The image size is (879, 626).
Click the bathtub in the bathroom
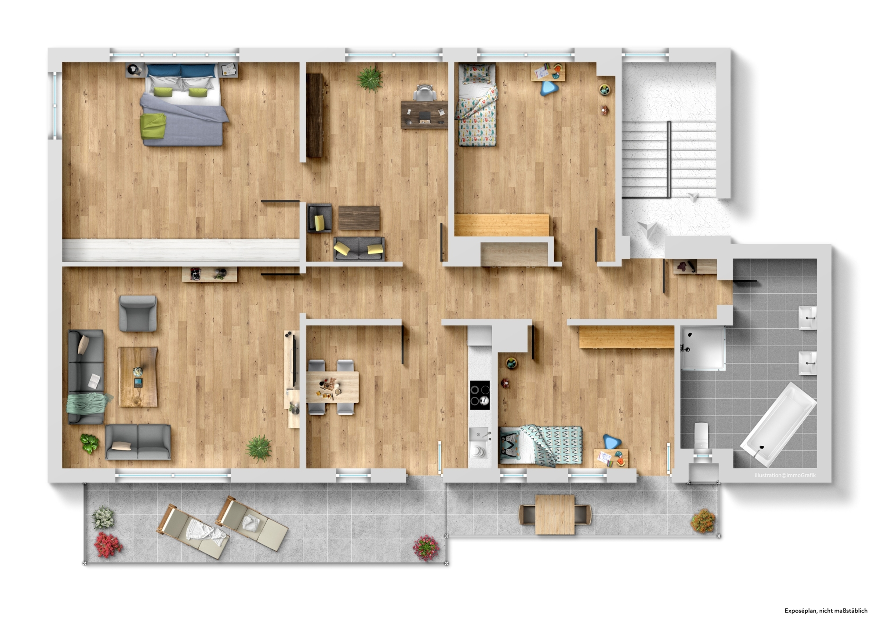pos(778,424)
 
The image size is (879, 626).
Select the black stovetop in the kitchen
pos(480,395)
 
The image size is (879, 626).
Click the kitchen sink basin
pos(479,434)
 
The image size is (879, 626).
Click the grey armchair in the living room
pos(138,313)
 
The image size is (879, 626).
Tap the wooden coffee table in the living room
pos(138,377)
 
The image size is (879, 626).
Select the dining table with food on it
pos(332,387)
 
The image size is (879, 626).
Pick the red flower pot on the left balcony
pos(108,545)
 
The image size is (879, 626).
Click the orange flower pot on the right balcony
pos(703,522)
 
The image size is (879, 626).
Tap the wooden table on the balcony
pos(555,514)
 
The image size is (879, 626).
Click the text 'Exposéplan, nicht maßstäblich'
pos(826,611)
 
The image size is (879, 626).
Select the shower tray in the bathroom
pos(703,348)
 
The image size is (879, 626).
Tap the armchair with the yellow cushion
pos(320,218)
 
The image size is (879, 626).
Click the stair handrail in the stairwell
pos(669,160)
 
